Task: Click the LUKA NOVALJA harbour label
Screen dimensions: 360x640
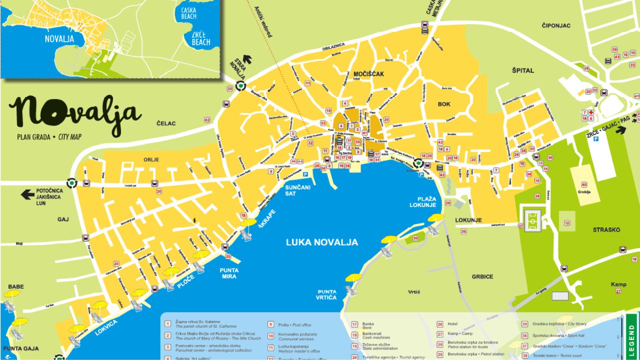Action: [321, 242]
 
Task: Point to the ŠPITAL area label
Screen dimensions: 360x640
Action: [522, 71]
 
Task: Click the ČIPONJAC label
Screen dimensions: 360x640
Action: [556, 25]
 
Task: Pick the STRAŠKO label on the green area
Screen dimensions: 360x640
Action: [606, 230]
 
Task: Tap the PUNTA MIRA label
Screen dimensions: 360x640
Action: [228, 273]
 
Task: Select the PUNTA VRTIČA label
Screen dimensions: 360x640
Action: [326, 295]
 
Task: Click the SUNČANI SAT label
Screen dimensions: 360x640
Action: [297, 190]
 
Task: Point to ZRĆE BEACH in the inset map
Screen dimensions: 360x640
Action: [201, 38]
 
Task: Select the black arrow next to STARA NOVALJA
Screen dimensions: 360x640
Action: [247, 59]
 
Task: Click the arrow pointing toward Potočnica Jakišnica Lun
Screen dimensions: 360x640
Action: [27, 194]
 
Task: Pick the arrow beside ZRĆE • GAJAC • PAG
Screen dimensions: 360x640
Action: [620, 130]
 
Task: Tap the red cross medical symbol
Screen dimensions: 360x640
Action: [590, 112]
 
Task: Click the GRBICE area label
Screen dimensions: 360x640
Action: [482, 276]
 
